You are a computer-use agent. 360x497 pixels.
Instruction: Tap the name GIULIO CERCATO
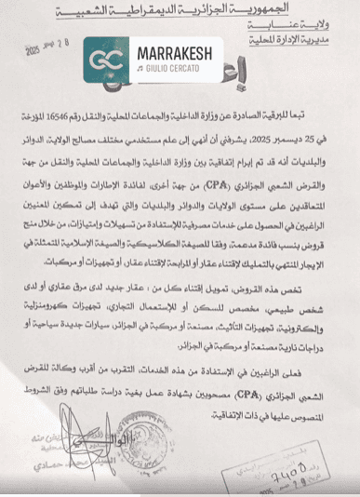tap(174, 68)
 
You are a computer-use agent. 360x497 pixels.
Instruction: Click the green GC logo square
tap(105, 60)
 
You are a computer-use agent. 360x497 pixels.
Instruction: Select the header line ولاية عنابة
tap(306, 28)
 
